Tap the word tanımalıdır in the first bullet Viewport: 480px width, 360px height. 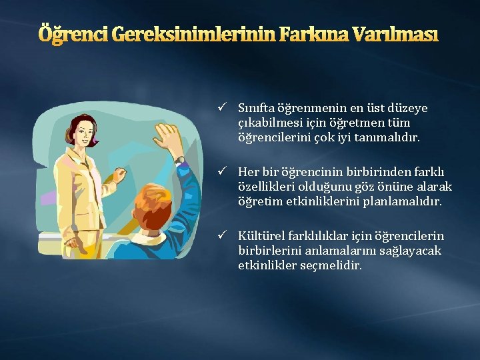(x=391, y=137)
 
